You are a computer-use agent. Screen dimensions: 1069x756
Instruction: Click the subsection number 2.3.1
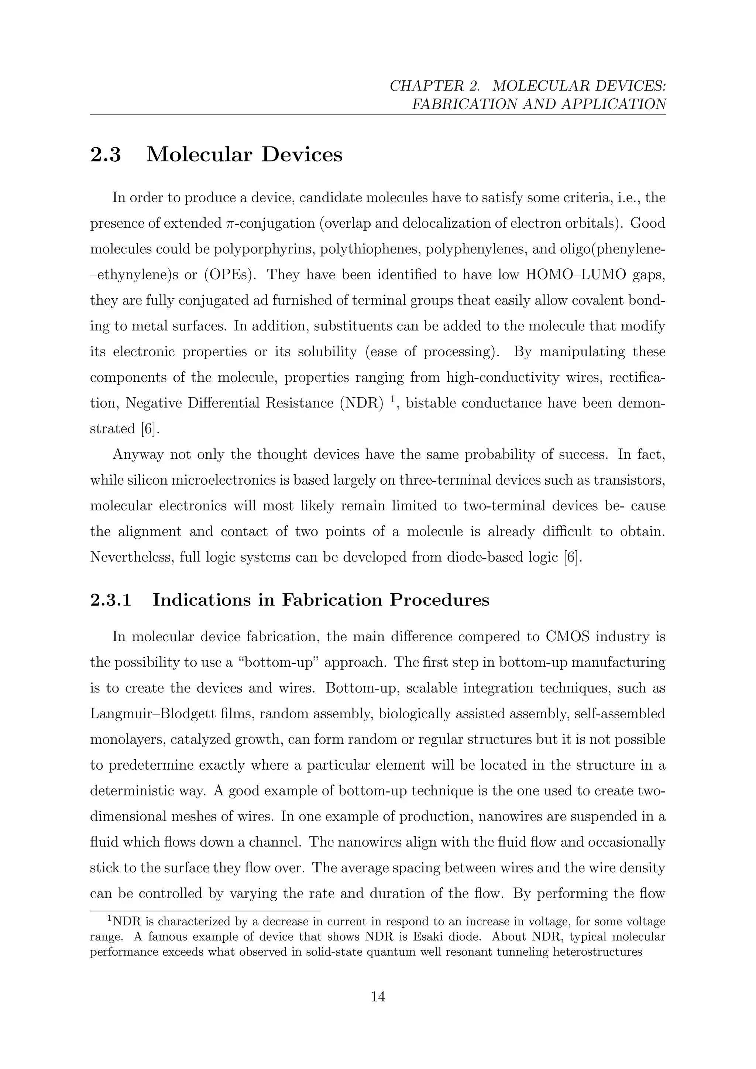(x=110, y=600)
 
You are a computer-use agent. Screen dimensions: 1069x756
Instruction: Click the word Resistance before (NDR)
(x=299, y=403)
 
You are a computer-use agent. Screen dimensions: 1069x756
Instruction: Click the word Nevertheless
(x=131, y=557)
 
